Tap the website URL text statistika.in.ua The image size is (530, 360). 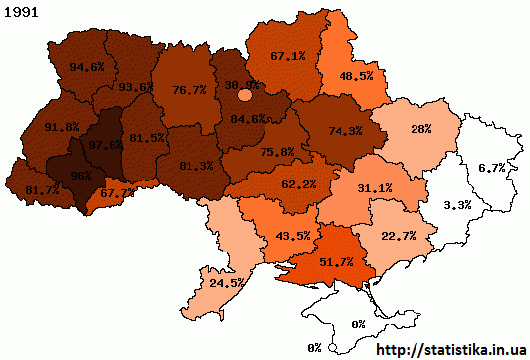tap(452, 349)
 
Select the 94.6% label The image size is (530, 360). tap(88, 67)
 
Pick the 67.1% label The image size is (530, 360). tap(287, 56)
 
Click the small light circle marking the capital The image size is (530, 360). tap(245, 95)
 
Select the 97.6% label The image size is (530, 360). tap(106, 145)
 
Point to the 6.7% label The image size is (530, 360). tap(491, 169)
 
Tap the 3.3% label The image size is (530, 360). tap(457, 205)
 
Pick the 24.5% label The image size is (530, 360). tap(226, 282)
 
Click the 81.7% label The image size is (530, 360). tap(28, 188)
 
